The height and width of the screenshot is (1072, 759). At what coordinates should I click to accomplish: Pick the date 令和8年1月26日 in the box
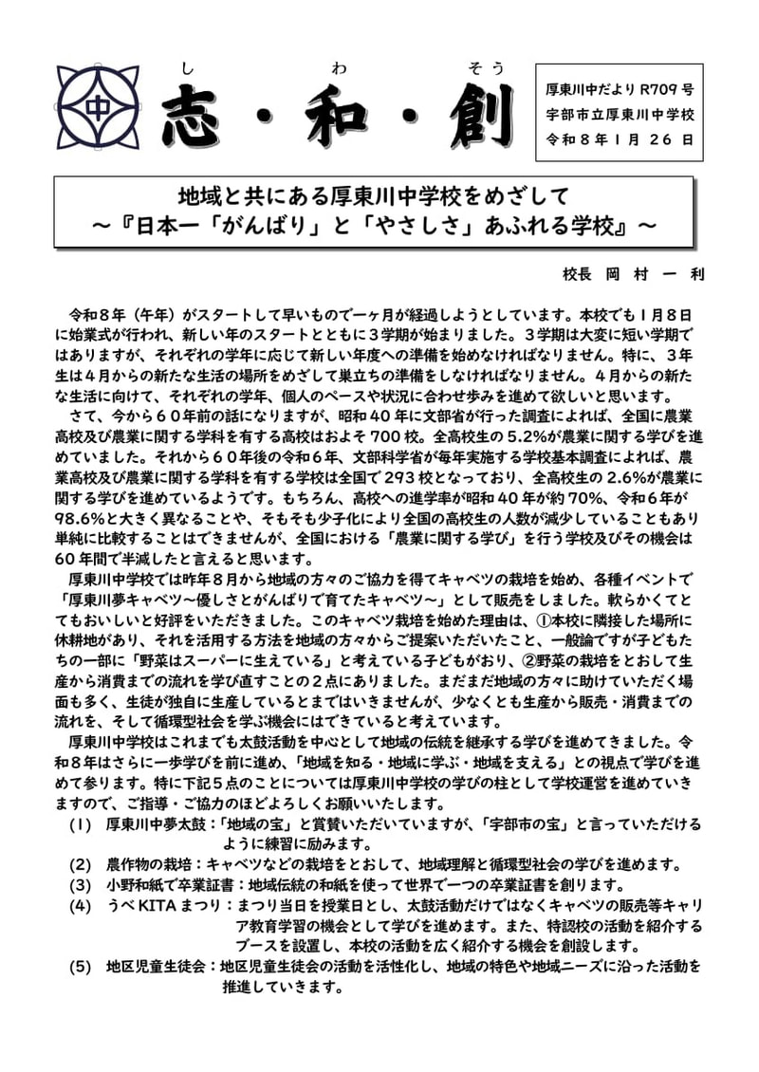click(x=620, y=139)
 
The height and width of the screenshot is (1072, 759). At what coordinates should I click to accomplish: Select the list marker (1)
click(x=81, y=823)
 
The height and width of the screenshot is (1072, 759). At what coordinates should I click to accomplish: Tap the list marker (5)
click(x=81, y=967)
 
